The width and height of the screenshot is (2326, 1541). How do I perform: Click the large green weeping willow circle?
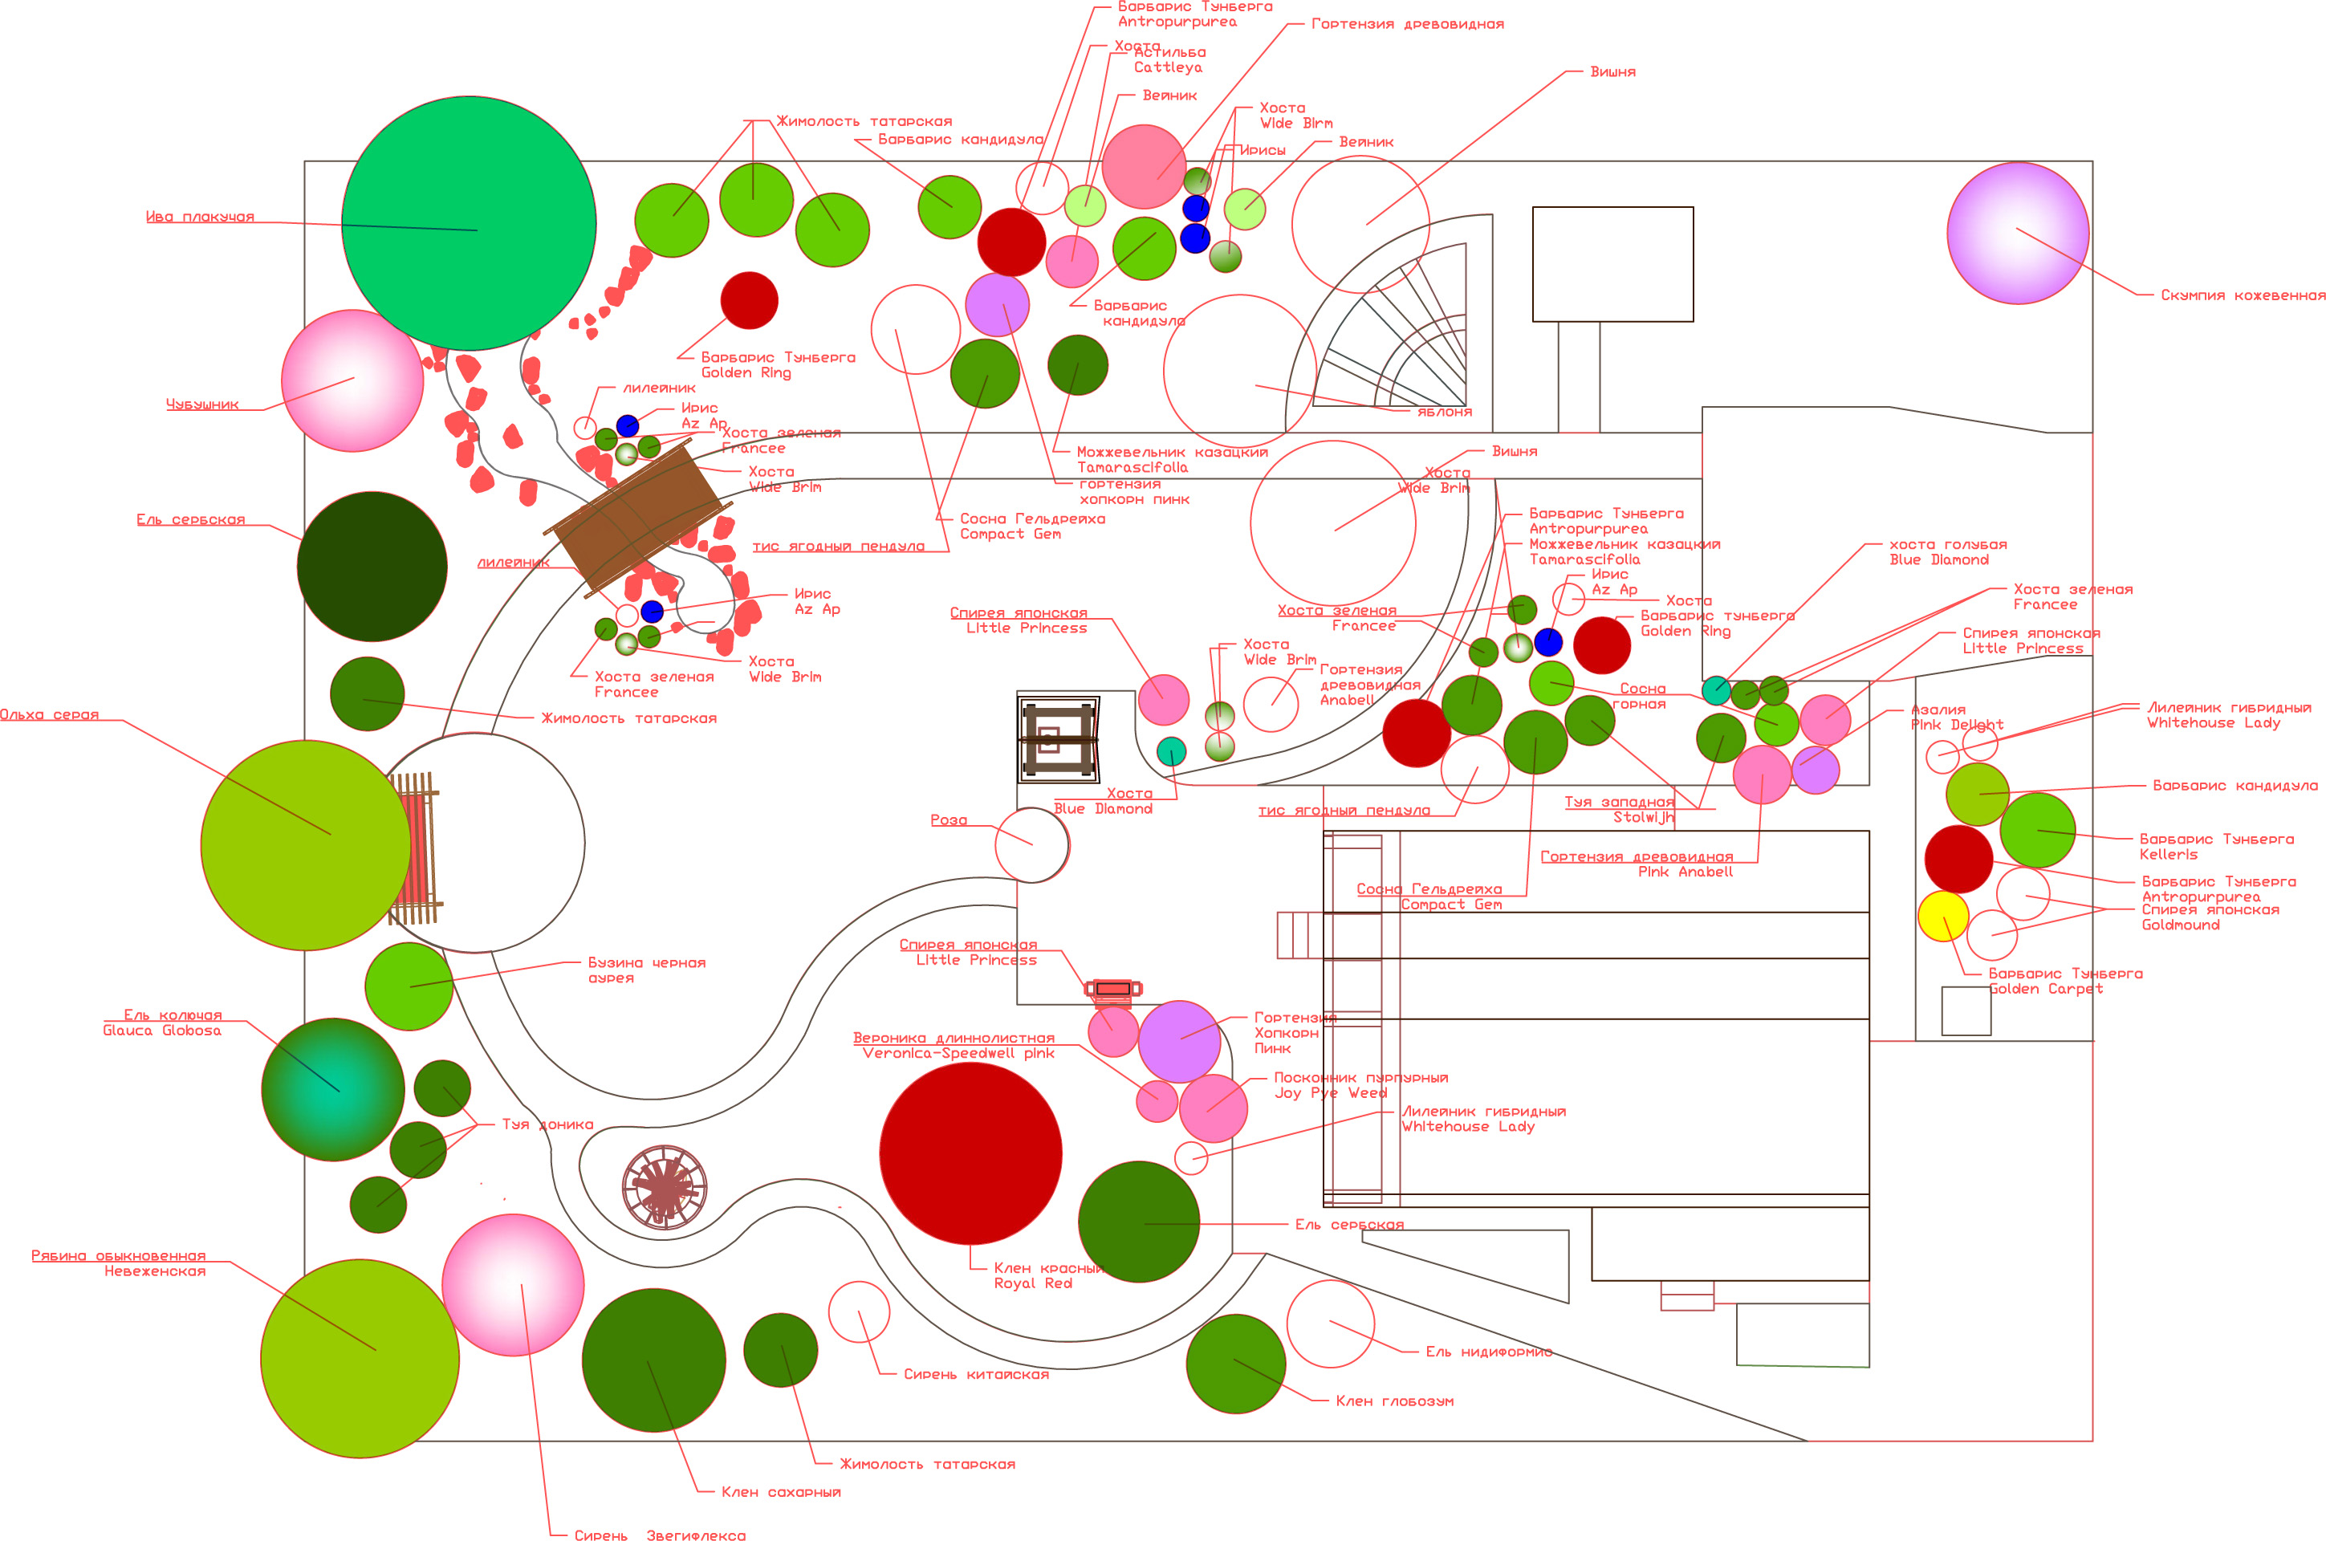469,223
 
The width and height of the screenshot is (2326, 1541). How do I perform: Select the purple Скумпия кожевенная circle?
2018,233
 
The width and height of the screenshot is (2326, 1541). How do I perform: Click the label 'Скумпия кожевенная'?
2243,295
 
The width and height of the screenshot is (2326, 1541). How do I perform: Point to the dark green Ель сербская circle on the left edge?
372,566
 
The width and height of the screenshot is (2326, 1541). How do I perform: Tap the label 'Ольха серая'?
49,714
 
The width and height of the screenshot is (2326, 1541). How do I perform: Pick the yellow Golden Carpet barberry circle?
1943,916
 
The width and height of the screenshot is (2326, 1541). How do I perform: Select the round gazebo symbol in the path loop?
665,1187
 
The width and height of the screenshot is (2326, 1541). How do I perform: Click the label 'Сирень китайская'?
976,1374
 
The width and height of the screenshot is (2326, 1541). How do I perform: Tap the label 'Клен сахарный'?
780,1492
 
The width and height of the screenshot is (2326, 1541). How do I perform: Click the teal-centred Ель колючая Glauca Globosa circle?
333,1089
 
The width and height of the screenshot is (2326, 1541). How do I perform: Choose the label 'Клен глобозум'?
1393,1401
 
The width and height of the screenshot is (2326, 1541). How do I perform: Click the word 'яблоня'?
1444,412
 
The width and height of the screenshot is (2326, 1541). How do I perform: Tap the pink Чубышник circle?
352,380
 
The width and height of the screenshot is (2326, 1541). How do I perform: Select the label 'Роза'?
948,819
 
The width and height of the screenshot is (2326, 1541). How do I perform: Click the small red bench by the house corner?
1112,989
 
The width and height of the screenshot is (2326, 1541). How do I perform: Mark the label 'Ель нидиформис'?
1488,1352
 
